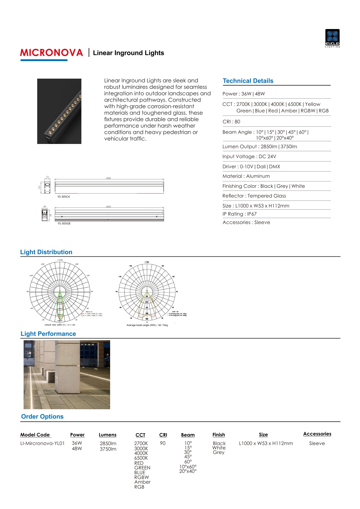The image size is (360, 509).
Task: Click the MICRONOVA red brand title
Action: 51,53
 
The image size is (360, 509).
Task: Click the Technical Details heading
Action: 248,81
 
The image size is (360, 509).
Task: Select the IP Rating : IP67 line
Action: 239,214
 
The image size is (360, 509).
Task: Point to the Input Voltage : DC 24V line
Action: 249,156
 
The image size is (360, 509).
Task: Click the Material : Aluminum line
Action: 246,176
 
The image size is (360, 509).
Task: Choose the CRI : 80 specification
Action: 231,122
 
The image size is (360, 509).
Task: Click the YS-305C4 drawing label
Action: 64,197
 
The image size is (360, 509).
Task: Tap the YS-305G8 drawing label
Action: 64,224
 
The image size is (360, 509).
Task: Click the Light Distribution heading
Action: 46,252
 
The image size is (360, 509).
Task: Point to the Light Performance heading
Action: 48,334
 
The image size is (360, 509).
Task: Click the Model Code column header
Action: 35,435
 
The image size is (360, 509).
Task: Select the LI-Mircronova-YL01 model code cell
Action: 42,443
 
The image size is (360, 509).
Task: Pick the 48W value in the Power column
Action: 77,449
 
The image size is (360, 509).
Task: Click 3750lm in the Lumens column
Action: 108,449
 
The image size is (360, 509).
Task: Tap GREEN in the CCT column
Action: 142,468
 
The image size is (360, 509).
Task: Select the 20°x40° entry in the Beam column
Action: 188,471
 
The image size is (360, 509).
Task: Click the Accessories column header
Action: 317,434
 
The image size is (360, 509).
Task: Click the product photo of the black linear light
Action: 59,111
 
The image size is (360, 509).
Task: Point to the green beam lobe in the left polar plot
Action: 60,305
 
